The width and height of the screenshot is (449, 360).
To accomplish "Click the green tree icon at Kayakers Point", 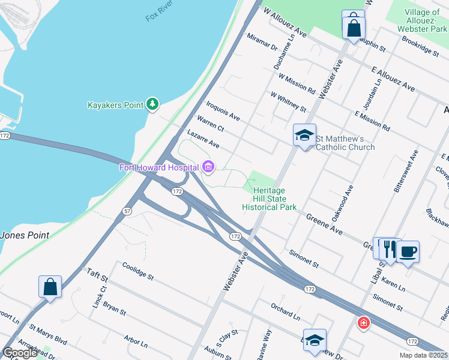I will [153, 105].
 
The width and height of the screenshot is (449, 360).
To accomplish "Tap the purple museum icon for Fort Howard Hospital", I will [208, 167].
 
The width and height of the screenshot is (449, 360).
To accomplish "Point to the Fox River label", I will [159, 13].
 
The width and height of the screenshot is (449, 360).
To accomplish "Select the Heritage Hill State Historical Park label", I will [269, 199].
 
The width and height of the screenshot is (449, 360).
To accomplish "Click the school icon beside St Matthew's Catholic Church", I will [304, 135].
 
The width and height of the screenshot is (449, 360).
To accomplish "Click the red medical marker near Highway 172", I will [363, 323].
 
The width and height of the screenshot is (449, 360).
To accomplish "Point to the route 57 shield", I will [127, 211].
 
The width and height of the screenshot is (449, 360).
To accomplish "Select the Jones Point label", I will [24, 235].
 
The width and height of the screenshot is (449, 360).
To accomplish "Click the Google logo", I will [20, 353].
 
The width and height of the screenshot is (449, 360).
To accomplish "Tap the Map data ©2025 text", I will [423, 355].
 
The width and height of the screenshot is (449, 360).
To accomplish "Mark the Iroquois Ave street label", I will [223, 110].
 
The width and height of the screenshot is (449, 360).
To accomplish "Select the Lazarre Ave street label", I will [203, 140].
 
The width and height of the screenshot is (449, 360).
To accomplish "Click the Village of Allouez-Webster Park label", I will [423, 20].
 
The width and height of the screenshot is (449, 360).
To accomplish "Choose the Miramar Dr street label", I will [262, 43].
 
